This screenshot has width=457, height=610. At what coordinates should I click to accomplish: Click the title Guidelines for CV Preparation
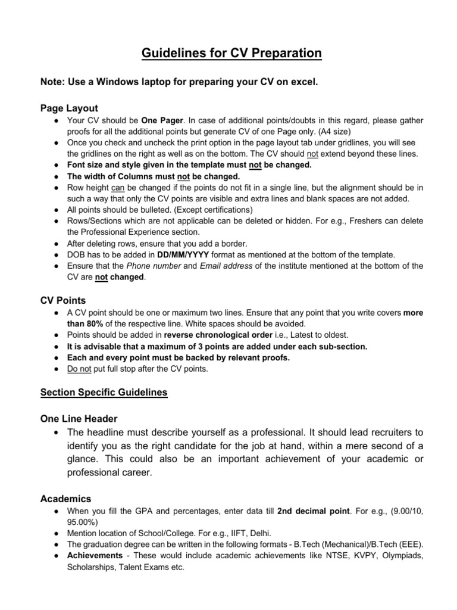[231, 54]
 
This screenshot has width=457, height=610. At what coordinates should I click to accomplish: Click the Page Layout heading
[69, 108]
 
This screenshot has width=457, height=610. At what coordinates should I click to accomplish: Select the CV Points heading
[63, 300]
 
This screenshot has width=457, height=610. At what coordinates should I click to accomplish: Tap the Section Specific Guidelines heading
[104, 392]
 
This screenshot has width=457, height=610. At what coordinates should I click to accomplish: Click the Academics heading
[65, 498]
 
